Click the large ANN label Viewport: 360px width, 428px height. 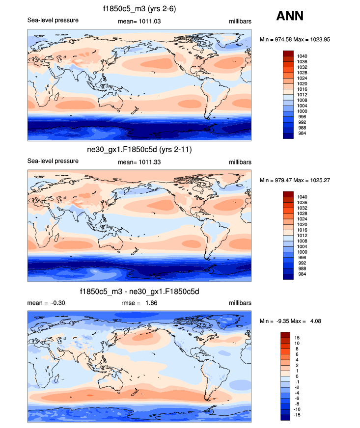tap(290, 16)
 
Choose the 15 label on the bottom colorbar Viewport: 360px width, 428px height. tap(297, 338)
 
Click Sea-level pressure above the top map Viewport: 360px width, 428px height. tap(53, 20)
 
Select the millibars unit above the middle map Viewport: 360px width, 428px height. tap(240, 161)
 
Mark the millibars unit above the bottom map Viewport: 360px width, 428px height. tap(240, 303)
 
